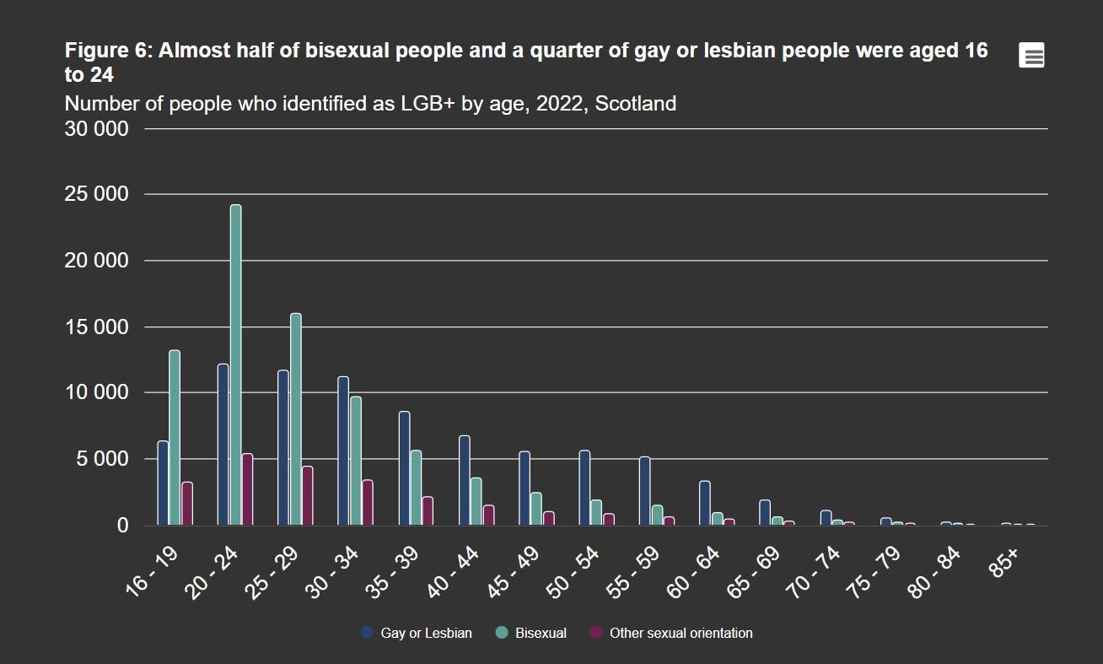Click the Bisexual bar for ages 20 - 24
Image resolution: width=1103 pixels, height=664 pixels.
pos(235,364)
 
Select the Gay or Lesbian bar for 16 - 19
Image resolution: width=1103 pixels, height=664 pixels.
pos(163,483)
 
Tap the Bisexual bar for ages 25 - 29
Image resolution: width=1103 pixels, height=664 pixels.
pos(296,418)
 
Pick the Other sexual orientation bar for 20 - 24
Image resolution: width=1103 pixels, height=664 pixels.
pos(247,489)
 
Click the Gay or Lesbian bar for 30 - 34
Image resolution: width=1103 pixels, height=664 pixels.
pos(343,451)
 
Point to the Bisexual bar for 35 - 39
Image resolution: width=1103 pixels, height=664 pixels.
pos(416,488)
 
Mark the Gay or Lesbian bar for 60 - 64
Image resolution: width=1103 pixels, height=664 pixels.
pos(705,503)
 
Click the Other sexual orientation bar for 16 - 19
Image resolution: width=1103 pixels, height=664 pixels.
pos(187,504)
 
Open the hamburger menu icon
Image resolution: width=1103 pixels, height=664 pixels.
pos(1031,56)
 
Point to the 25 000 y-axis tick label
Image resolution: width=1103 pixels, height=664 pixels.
pos(98,195)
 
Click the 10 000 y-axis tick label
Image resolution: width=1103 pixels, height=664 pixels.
pos(98,393)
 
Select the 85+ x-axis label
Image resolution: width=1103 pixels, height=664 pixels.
pos(1004,560)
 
